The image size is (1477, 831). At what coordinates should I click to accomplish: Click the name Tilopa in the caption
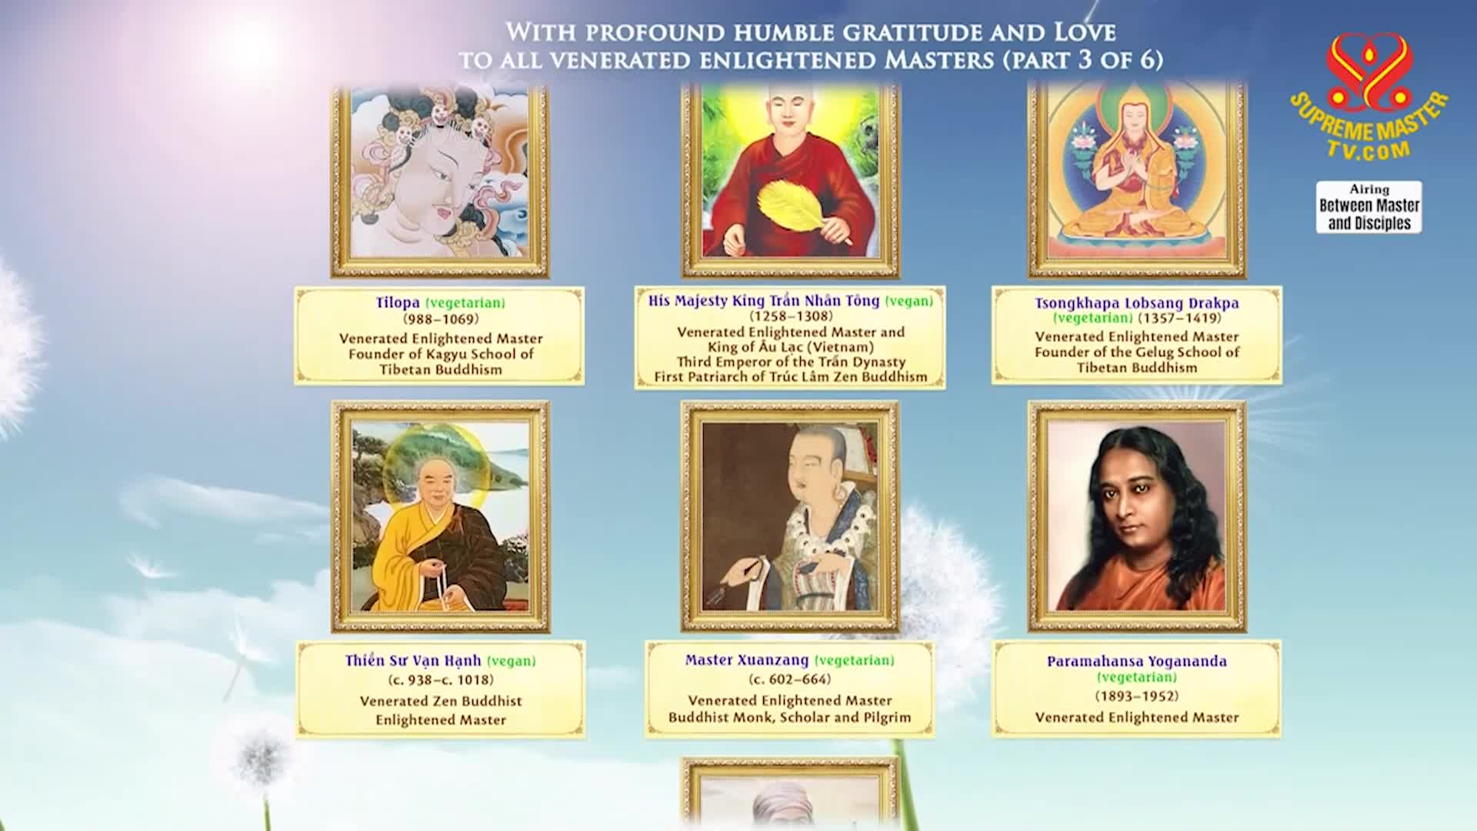(398, 302)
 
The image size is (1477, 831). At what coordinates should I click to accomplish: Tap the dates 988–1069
(441, 319)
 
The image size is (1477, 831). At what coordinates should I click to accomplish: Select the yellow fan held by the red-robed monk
(793, 206)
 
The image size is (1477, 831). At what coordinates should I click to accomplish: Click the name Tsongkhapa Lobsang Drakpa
(1137, 302)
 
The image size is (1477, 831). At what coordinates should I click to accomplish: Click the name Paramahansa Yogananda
(1137, 661)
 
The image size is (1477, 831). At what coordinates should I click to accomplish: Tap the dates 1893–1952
(1137, 696)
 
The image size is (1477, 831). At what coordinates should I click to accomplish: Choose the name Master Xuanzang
(747, 660)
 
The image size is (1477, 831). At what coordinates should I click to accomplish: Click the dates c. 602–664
(790, 679)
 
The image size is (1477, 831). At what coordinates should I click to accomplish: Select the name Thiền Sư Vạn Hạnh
(413, 661)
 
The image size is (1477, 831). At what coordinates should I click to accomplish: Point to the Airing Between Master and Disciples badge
(1369, 207)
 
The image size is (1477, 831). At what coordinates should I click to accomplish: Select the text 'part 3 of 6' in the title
(1082, 60)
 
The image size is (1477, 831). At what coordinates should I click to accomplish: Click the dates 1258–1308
(791, 316)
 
